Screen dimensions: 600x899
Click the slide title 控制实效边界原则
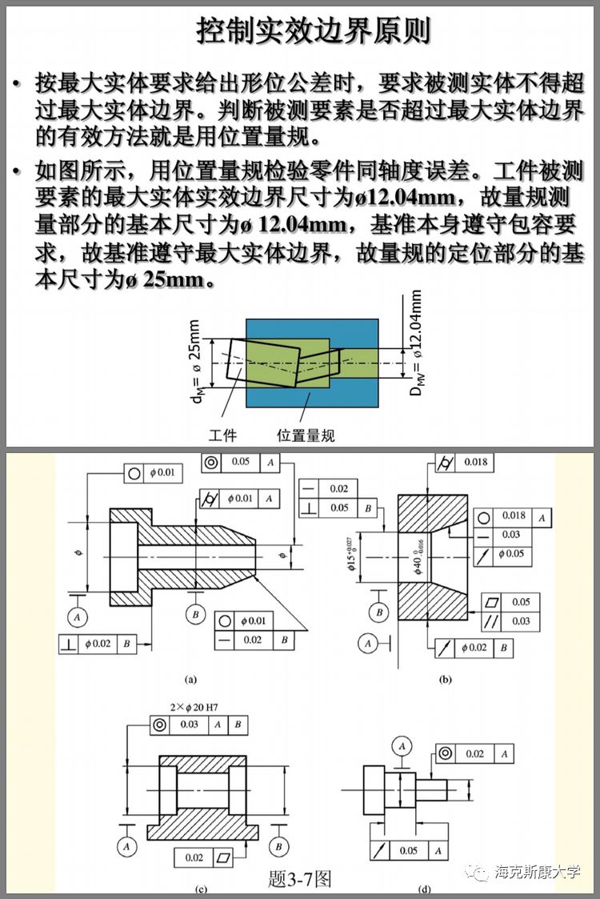(x=314, y=30)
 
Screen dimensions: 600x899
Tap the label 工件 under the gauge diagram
(x=223, y=435)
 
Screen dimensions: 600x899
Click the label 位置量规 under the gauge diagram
(x=306, y=435)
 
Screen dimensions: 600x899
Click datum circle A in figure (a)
(x=78, y=616)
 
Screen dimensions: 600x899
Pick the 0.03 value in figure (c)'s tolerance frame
(x=189, y=724)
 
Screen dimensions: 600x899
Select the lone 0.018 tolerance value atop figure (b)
(x=475, y=462)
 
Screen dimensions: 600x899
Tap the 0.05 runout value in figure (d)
(x=408, y=851)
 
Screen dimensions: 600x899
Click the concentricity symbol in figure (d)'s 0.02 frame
(x=446, y=753)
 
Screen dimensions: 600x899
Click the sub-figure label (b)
(x=446, y=680)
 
